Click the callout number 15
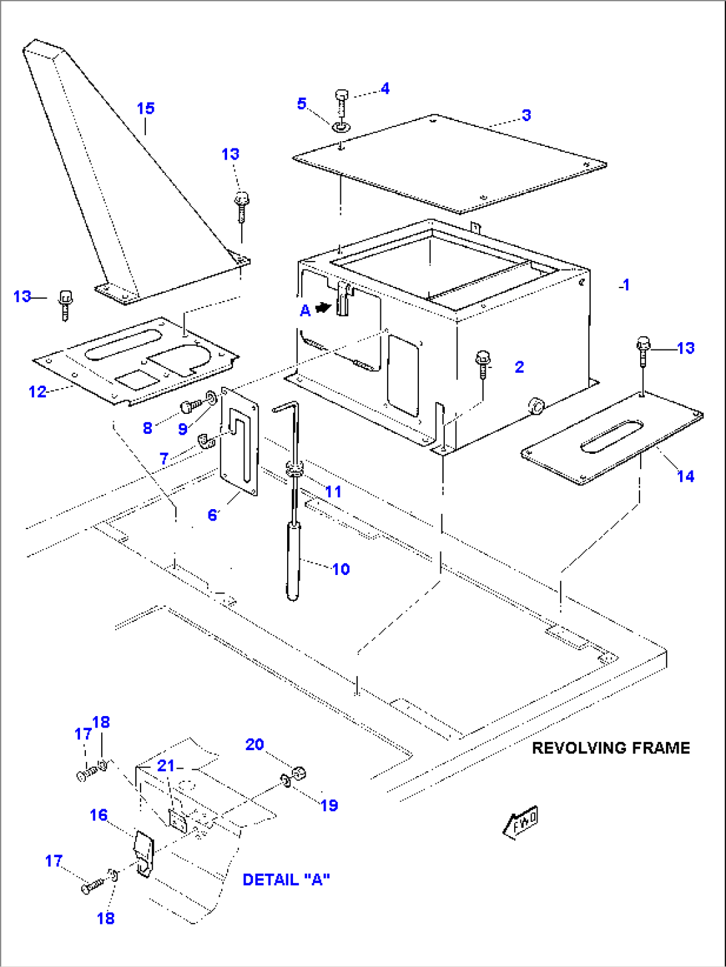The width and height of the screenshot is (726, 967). [145, 108]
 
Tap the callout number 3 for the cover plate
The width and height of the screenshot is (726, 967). [526, 115]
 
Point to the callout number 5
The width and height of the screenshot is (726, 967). [302, 104]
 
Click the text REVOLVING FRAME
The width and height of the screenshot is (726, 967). [610, 748]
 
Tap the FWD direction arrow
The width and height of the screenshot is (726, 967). [520, 823]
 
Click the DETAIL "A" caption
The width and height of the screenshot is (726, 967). [286, 880]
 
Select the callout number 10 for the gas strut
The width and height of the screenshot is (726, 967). [340, 569]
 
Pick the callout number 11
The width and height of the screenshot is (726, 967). [333, 492]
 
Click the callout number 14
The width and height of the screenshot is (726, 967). [685, 477]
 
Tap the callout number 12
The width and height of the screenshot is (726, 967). [37, 391]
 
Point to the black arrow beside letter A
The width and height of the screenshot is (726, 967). [323, 308]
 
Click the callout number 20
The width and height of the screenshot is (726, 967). [254, 745]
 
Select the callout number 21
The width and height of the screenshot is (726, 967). [166, 766]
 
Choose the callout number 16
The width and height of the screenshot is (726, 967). [99, 815]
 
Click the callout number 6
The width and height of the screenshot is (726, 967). [212, 515]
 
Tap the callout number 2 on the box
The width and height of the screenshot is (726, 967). [520, 367]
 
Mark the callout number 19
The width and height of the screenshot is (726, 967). [329, 806]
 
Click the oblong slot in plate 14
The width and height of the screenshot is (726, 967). [611, 436]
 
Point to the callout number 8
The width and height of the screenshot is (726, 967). [147, 428]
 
